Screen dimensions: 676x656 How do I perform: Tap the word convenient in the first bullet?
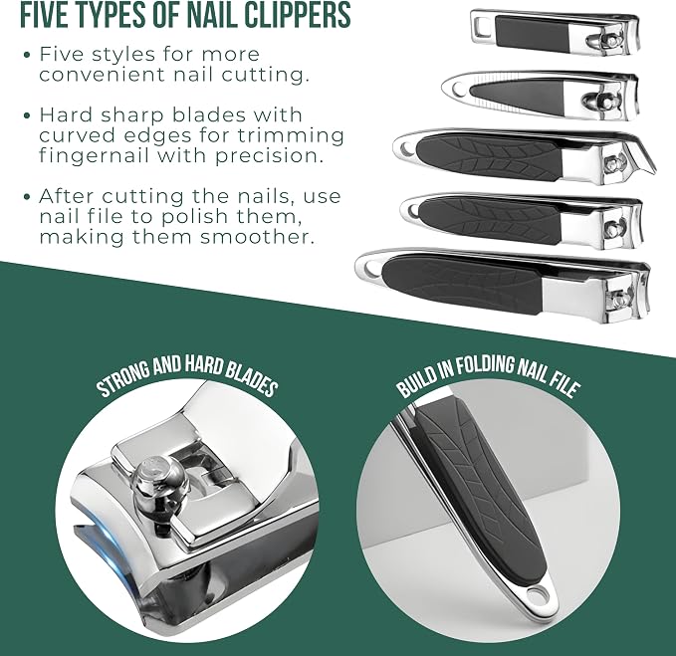pyautogui.click(x=103, y=75)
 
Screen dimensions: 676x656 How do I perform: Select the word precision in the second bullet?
pyautogui.click(x=270, y=155)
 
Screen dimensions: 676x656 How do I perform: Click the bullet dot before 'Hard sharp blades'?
pyautogui.click(x=28, y=115)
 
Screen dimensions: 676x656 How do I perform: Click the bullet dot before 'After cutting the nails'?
pyautogui.click(x=28, y=197)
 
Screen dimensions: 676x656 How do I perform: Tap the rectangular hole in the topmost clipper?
pyautogui.click(x=481, y=29)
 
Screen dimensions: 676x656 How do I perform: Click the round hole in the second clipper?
pyautogui.click(x=457, y=90)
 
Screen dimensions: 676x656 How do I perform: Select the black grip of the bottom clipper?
pyautogui.click(x=461, y=284)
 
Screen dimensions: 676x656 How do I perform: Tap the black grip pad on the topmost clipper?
pyautogui.click(x=533, y=33)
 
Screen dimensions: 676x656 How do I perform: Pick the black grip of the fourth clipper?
pyautogui.click(x=489, y=219)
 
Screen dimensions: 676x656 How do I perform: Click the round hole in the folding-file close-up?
pyautogui.click(x=538, y=594)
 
